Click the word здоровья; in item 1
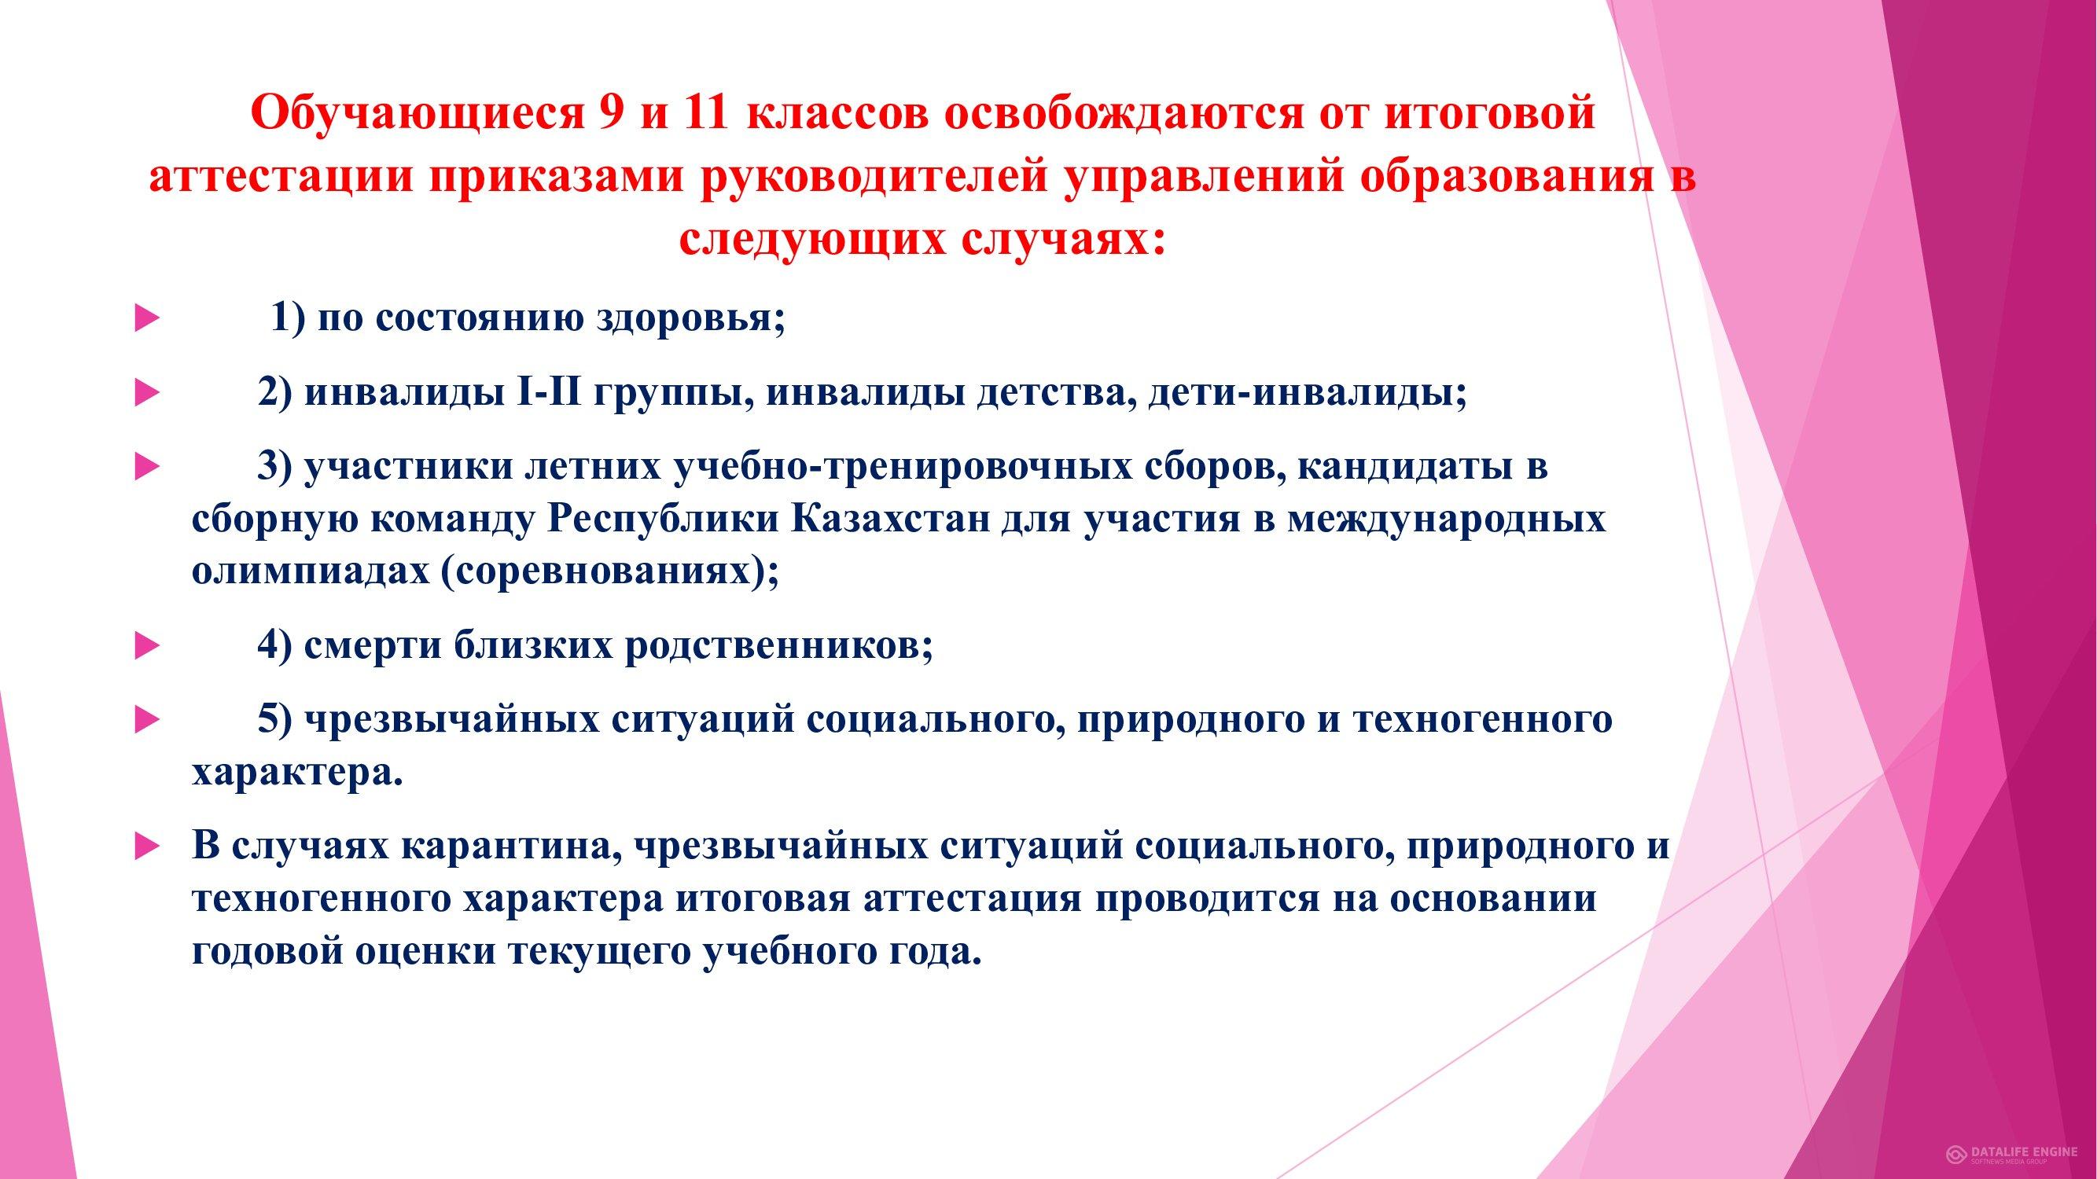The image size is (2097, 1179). click(x=691, y=318)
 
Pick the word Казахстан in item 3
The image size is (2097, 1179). click(x=888, y=518)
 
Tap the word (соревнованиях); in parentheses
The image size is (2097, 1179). click(x=609, y=571)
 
